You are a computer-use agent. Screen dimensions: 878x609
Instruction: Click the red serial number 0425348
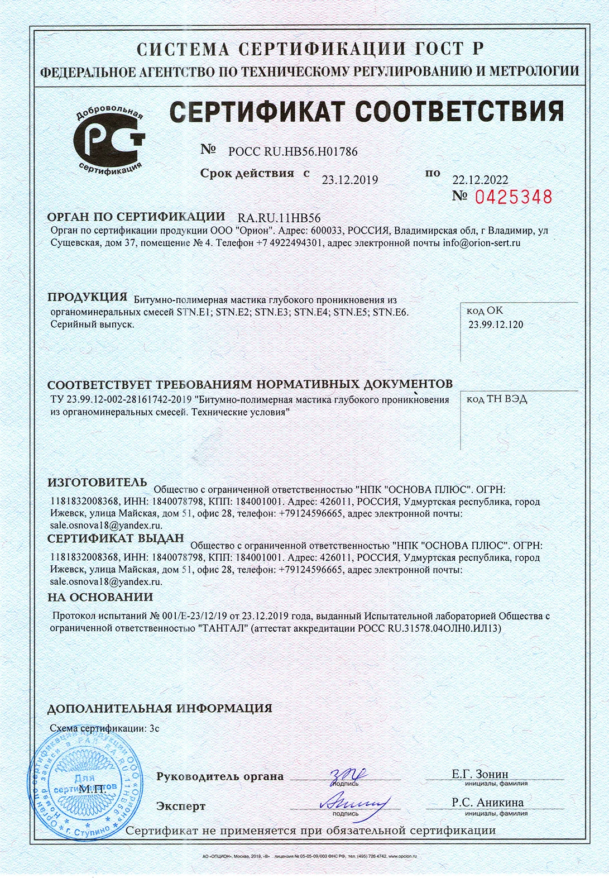point(514,197)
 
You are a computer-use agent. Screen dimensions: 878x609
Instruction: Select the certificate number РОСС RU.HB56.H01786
point(293,151)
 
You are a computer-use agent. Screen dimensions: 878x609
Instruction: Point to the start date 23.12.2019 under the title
point(350,180)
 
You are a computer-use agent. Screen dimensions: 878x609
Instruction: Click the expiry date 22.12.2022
point(480,180)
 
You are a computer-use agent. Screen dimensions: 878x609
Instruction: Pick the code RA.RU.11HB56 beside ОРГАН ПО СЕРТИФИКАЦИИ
point(279,218)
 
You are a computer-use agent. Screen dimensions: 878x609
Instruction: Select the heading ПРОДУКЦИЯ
point(88,297)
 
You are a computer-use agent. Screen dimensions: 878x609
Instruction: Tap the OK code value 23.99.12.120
point(496,325)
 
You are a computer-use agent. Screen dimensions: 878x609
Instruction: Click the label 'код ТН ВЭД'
point(496,399)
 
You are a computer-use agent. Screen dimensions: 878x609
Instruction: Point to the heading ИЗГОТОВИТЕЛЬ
point(97,482)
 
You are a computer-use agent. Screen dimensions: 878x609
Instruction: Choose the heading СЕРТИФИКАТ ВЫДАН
point(116,538)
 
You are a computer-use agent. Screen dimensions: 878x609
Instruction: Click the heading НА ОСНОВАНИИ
point(100,597)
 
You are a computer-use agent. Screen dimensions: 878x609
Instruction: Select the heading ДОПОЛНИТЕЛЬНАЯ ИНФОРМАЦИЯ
point(160,708)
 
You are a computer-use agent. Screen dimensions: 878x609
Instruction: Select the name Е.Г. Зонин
point(480,774)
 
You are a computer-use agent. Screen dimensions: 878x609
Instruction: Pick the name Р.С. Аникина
point(487,803)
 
